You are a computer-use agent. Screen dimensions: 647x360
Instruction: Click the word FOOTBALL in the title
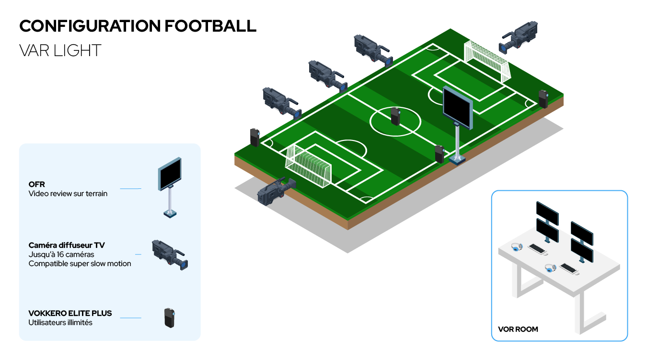[210, 26]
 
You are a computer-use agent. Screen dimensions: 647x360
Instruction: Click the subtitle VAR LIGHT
[60, 50]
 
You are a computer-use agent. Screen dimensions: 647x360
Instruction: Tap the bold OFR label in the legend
[37, 185]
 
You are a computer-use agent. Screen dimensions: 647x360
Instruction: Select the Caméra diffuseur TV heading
[67, 245]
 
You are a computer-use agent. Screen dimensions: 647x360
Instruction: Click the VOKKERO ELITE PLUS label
[70, 313]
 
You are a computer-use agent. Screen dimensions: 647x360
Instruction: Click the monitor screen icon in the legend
[170, 174]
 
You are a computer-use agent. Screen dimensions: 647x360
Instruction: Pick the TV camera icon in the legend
[170, 255]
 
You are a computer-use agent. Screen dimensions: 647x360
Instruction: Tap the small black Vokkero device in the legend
[170, 318]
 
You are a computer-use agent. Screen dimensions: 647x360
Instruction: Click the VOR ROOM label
[518, 329]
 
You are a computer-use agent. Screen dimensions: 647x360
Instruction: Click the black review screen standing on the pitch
[458, 108]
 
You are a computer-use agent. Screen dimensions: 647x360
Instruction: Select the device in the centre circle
[395, 116]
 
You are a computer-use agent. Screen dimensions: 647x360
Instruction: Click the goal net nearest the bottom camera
[308, 166]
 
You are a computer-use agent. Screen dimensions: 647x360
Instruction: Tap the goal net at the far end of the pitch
[487, 61]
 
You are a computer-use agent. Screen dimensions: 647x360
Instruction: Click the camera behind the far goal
[518, 37]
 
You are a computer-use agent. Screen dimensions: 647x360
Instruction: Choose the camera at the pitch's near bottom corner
[277, 192]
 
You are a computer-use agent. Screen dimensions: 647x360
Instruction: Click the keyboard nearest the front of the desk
[569, 269]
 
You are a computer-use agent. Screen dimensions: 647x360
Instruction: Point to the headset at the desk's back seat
[517, 247]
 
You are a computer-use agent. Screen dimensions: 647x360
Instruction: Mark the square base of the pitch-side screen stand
[457, 160]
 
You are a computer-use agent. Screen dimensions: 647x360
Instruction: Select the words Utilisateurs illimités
[60, 323]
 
